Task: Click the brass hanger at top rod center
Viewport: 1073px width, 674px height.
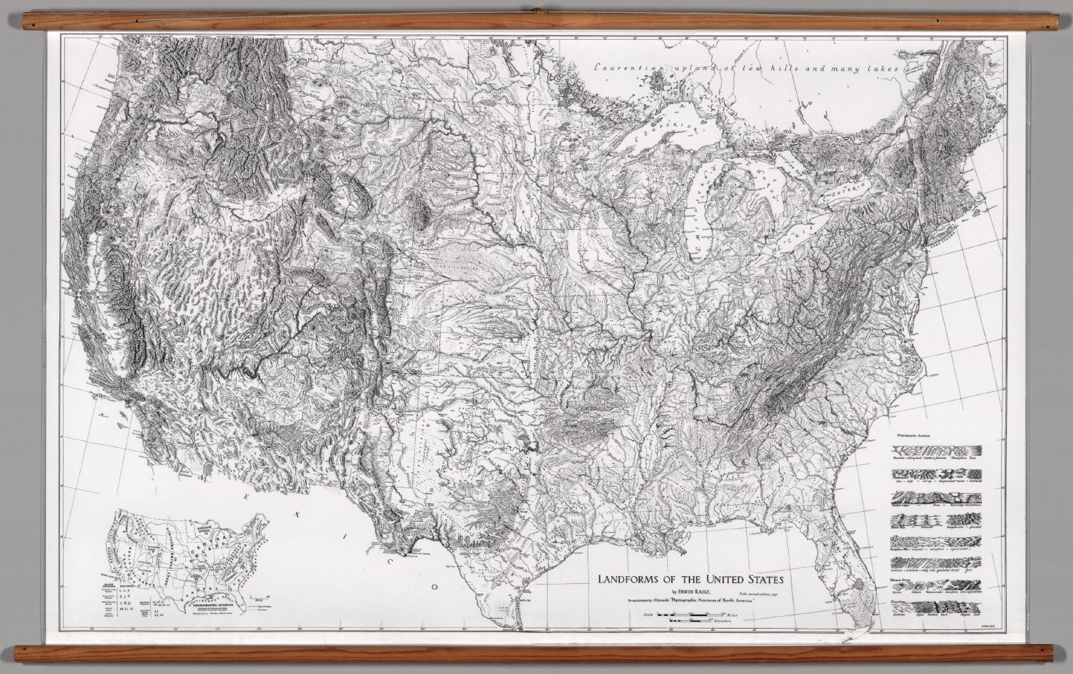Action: tap(536, 10)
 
